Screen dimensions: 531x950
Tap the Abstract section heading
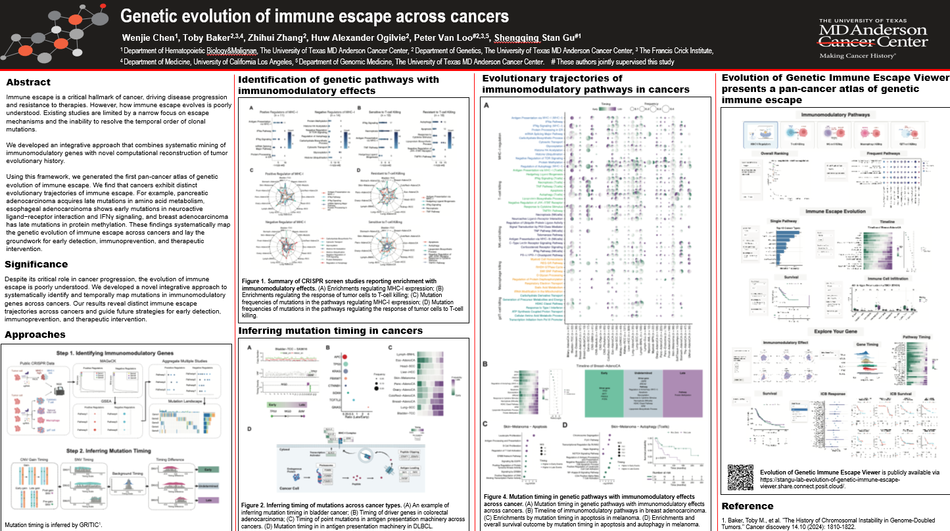pos(28,83)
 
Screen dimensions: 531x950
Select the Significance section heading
pos(36,265)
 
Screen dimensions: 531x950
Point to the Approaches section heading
pos(35,335)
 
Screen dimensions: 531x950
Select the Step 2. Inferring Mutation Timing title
pos(118,450)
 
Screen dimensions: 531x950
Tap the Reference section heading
pos(747,507)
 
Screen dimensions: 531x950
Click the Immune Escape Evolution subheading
pos(835,212)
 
